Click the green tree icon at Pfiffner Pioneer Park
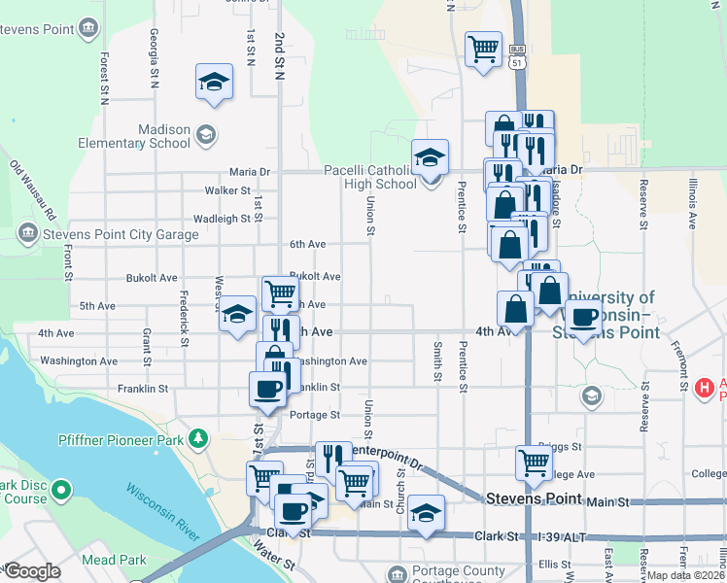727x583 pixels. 199,439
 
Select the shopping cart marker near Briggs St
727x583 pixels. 535,463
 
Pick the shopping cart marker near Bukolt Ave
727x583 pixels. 280,291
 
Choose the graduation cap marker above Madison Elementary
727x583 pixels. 214,82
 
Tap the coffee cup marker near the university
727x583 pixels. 583,317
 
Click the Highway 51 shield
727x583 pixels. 517,62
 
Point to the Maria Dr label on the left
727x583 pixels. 249,171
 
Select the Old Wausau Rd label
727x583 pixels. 33,189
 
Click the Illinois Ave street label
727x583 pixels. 692,202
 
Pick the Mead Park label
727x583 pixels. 115,560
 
